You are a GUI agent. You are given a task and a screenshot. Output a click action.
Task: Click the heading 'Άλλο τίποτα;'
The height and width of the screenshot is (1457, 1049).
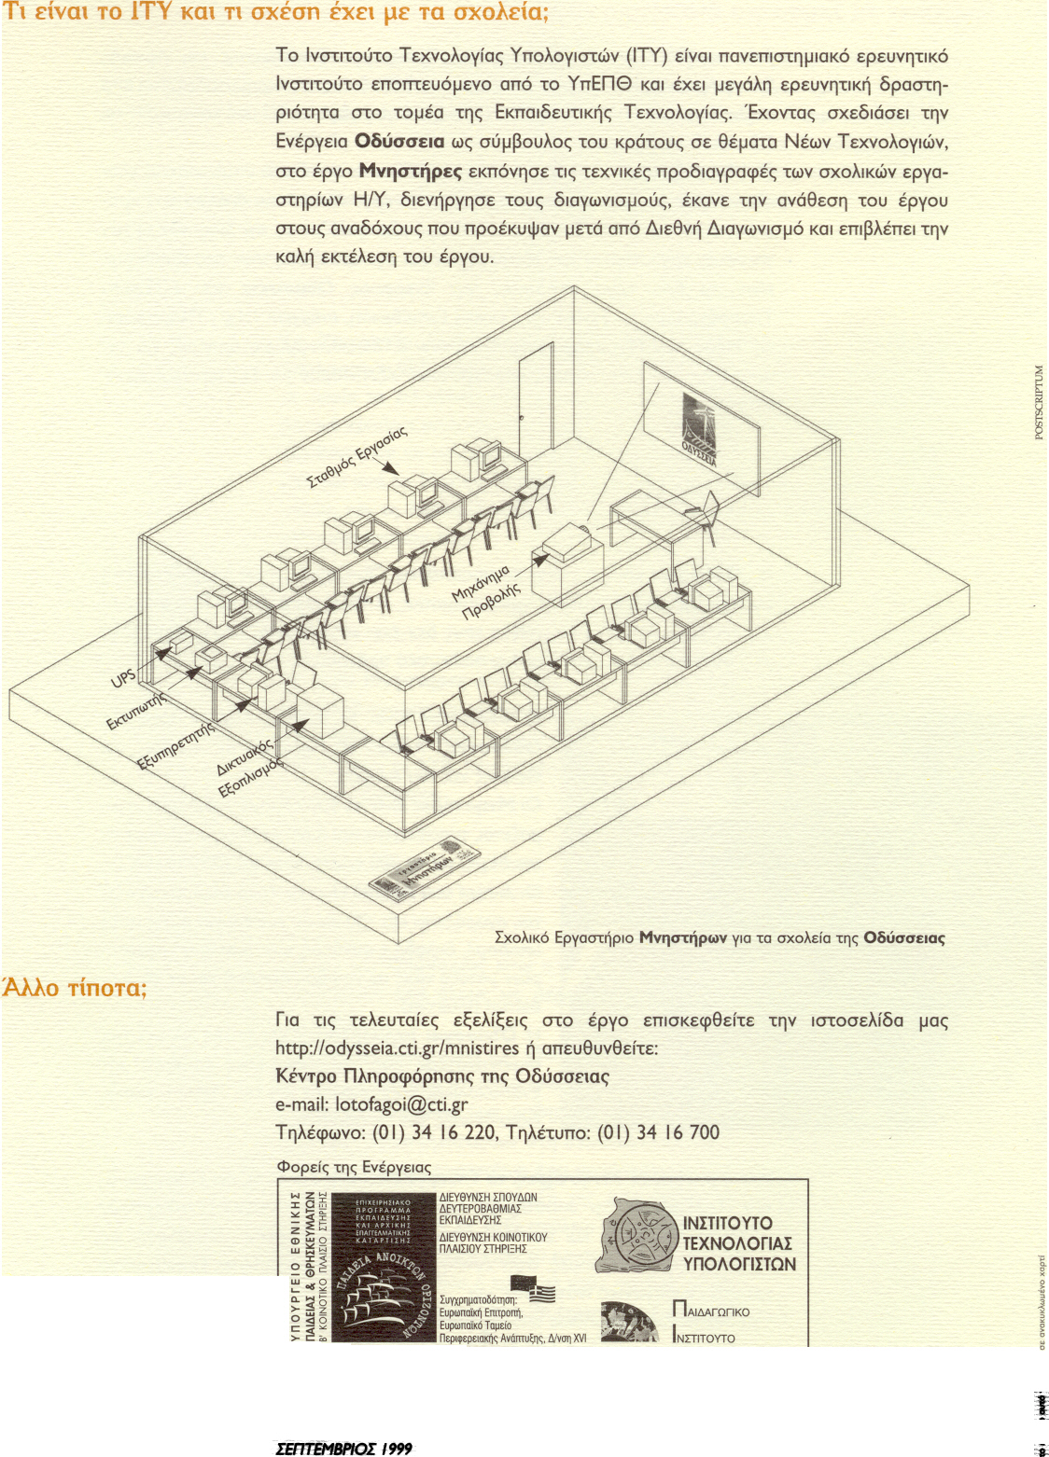point(75,988)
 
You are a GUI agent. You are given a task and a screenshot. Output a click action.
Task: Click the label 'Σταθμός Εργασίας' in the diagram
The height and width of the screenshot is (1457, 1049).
point(357,458)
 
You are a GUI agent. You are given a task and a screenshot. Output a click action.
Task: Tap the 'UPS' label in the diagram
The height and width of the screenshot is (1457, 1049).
point(123,677)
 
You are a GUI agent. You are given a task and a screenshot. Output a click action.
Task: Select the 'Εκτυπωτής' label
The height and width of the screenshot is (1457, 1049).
point(135,712)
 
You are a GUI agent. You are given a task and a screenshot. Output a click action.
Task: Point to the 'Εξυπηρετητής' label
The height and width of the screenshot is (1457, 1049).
point(175,744)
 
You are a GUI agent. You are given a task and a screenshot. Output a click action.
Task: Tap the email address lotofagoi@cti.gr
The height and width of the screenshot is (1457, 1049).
point(401,1105)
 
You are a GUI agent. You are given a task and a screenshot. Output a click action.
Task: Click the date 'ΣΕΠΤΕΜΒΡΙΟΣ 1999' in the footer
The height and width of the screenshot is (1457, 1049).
point(343,1449)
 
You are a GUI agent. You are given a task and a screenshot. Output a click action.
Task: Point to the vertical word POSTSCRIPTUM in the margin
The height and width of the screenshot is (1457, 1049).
point(1040,402)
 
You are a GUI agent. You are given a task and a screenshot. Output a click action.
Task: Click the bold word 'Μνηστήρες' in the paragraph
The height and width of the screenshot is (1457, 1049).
point(411,172)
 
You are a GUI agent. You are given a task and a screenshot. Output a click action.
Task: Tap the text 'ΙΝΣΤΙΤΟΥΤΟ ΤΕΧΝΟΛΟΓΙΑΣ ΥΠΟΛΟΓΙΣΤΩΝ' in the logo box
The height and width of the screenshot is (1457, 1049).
point(738,1243)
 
